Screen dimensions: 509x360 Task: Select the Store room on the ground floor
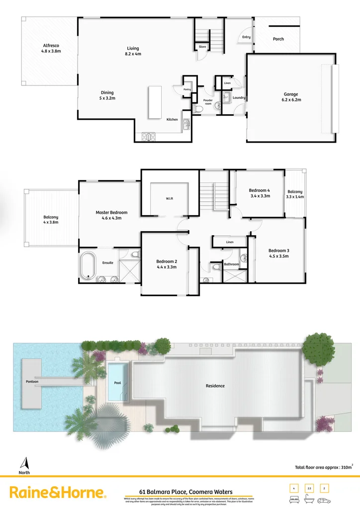(x=202, y=47)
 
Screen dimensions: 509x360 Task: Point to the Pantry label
(x=187, y=89)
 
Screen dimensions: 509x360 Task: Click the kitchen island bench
(x=155, y=102)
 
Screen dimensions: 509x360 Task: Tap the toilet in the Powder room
(x=198, y=109)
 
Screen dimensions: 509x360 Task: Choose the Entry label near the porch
(x=246, y=37)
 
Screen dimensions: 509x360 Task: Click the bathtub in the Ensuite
(x=88, y=265)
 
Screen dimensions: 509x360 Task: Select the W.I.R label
(x=169, y=199)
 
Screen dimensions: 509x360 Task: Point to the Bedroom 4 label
(x=259, y=190)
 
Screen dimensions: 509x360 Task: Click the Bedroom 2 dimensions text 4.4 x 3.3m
(x=166, y=267)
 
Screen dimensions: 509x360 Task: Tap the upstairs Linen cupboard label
(x=229, y=242)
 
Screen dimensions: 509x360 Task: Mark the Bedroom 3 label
(x=278, y=251)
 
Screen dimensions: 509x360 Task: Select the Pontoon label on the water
(x=33, y=382)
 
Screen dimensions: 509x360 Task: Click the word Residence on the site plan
(x=215, y=386)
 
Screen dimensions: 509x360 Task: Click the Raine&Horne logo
(x=58, y=493)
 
